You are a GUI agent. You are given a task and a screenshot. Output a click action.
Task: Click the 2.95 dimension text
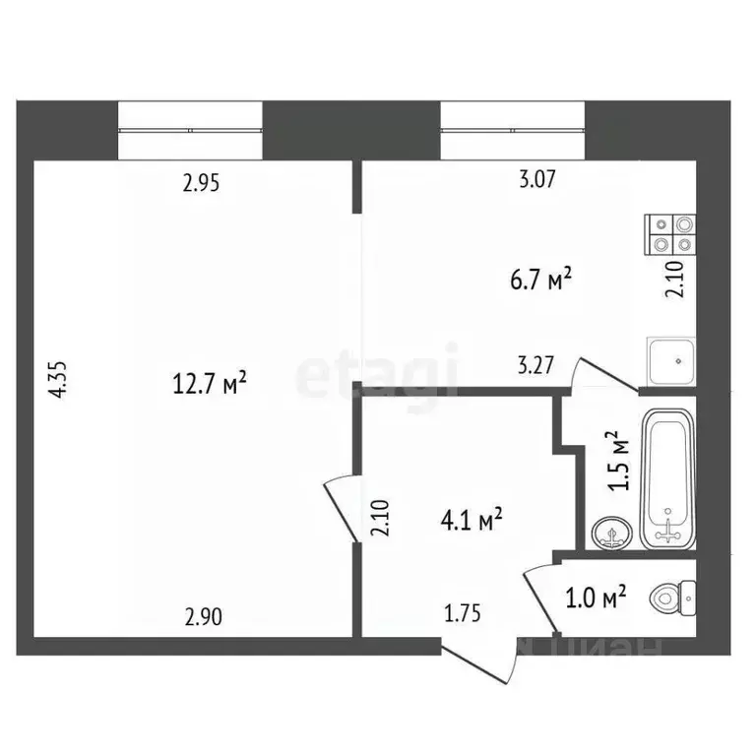(201, 182)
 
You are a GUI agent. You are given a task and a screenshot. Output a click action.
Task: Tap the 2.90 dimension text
(204, 617)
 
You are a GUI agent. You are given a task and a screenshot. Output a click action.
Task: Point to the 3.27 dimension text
(537, 365)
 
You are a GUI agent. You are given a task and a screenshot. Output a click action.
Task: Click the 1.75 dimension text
(462, 617)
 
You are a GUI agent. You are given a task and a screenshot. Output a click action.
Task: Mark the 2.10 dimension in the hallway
(382, 518)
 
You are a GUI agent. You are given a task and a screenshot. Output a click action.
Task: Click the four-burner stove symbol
(671, 233)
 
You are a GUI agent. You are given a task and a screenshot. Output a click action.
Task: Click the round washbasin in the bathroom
(612, 535)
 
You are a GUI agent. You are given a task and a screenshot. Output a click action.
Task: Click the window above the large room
(190, 129)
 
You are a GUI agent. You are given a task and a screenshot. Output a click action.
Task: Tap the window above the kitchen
(512, 129)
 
